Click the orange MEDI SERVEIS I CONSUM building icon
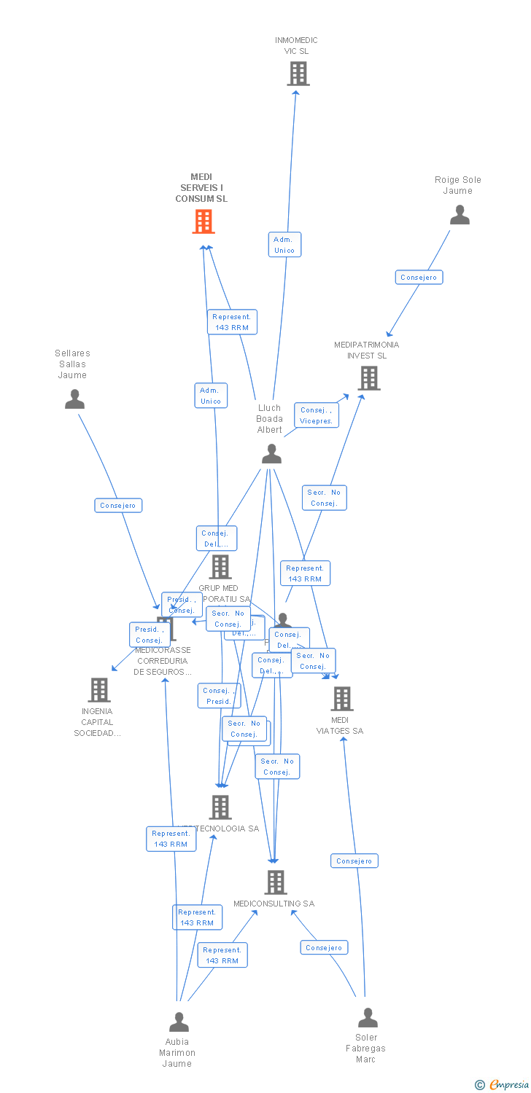pos(204,221)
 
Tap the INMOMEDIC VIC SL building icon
pos(298,74)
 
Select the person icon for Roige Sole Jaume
pos(460,215)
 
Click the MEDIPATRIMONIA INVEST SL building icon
pos(370,377)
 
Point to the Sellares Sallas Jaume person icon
pos(74,399)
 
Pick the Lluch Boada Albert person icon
pos(271,454)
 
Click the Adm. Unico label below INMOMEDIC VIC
pos(284,245)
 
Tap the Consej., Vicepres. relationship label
pos(317,415)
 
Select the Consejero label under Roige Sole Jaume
pos(419,277)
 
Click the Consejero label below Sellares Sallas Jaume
pos(118,505)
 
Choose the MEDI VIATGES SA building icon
pos(341,698)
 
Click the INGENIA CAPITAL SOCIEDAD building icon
pos(98,689)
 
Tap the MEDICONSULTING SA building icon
pos(275,882)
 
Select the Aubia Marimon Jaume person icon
pos(179,1022)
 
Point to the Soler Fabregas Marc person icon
pos(368,1017)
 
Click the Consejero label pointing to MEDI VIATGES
pos(354,861)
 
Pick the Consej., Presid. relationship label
pos(219,696)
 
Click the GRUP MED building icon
pos(220,566)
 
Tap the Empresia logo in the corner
pos(503,1084)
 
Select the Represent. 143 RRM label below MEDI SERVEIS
pos(232,322)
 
